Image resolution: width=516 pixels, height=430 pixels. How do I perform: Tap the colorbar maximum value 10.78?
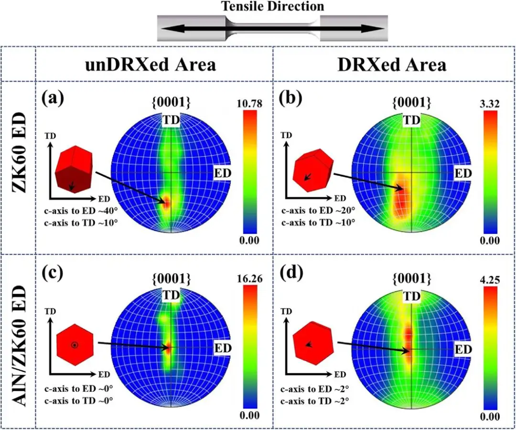(x=247, y=103)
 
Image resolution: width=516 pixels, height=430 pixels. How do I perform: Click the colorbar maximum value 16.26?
(x=247, y=279)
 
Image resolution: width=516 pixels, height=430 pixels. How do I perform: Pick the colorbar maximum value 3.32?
(x=488, y=103)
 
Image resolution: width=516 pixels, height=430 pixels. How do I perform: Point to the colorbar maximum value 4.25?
(x=488, y=279)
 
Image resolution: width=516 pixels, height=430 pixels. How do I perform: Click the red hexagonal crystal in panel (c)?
(x=74, y=344)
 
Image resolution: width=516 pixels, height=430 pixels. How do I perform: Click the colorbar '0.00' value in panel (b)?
(x=488, y=240)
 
